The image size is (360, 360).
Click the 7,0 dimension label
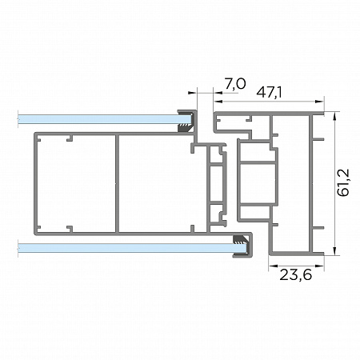tap(234, 84)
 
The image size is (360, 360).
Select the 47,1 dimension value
tap(269, 93)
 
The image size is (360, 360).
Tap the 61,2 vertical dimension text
tap(343, 183)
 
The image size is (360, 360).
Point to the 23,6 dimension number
tap(295, 274)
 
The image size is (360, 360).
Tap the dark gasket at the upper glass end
tap(186, 122)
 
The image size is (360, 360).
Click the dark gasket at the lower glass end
tap(241, 246)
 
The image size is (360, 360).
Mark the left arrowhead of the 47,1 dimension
tap(218, 102)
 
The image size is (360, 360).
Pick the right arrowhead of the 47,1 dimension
tap(319, 102)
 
